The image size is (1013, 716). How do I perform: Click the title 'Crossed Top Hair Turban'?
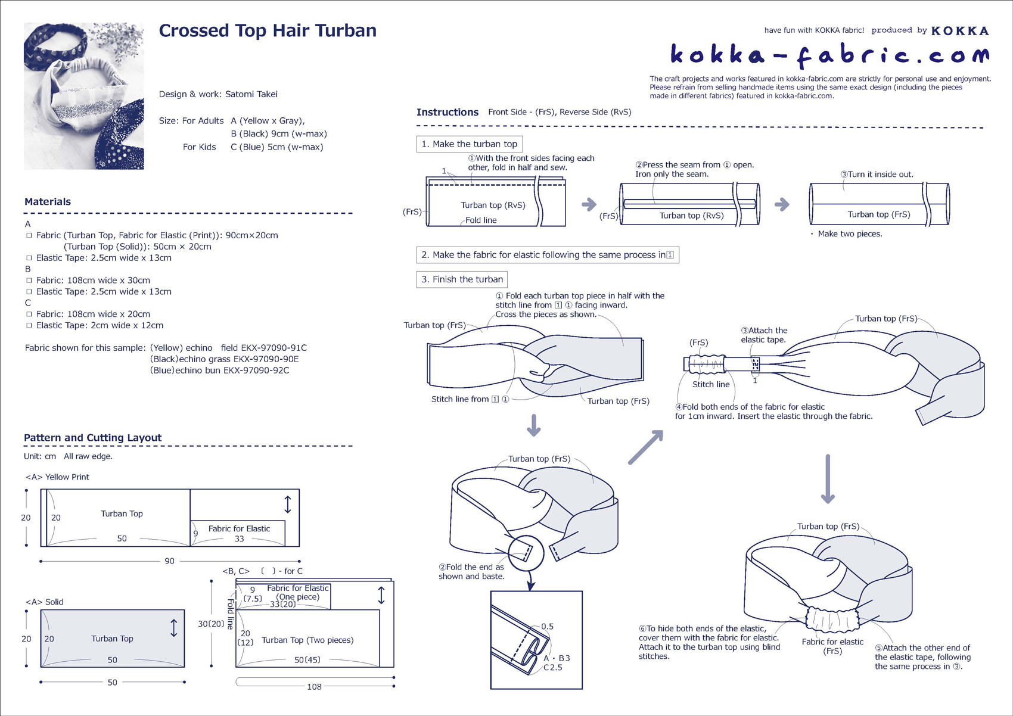pyautogui.click(x=268, y=31)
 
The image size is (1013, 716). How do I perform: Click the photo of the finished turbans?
pyautogui.click(x=84, y=96)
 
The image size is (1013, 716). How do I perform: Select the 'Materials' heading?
pyautogui.click(x=48, y=202)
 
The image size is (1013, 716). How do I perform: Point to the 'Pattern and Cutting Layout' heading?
pyautogui.click(x=93, y=438)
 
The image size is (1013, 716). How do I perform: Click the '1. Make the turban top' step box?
pyautogui.click(x=469, y=144)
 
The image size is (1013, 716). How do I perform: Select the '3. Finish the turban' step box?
pyautogui.click(x=462, y=279)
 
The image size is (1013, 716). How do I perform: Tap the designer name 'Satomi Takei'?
pyautogui.click(x=251, y=94)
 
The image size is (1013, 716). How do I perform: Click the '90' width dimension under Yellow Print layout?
pyautogui.click(x=169, y=561)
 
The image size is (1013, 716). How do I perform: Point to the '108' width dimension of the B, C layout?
pyautogui.click(x=314, y=687)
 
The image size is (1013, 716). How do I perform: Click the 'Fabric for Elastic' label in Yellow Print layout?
pyautogui.click(x=239, y=528)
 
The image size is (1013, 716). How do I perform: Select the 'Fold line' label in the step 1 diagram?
pyautogui.click(x=481, y=220)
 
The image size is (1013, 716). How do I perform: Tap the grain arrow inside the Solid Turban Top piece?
pyautogui.click(x=174, y=628)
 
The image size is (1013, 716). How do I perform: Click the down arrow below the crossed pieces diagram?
pyautogui.click(x=534, y=425)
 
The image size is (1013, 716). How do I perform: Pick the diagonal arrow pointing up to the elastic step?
pyautogui.click(x=645, y=447)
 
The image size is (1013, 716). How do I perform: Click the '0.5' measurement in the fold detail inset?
pyautogui.click(x=547, y=627)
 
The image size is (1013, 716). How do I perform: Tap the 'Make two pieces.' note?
pyautogui.click(x=850, y=234)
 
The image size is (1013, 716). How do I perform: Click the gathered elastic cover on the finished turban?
pyautogui.click(x=832, y=618)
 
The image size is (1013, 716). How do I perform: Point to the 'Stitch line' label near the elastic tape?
pyautogui.click(x=711, y=385)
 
